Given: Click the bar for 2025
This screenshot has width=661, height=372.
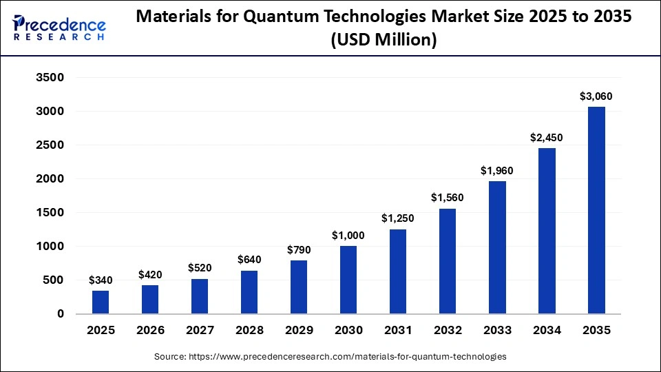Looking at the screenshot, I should (101, 302).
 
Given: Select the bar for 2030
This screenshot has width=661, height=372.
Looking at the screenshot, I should (348, 280).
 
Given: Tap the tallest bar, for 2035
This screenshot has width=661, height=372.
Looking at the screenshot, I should (596, 210).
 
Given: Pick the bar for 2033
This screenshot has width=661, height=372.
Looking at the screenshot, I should (497, 247).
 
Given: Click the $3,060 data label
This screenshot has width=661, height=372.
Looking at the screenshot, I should (596, 96).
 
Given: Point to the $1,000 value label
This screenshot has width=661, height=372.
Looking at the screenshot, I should (348, 236).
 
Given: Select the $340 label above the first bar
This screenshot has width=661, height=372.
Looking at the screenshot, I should (101, 280).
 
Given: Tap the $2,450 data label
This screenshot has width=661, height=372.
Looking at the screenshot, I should (547, 138).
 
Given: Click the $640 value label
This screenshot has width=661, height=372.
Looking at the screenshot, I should (249, 260).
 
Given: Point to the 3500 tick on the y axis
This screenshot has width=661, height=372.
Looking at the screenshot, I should (50, 78).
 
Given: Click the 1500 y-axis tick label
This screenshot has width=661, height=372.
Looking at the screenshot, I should (50, 213).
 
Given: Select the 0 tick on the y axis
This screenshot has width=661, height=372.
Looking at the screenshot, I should (60, 314).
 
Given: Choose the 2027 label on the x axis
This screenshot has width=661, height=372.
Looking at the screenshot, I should (200, 331).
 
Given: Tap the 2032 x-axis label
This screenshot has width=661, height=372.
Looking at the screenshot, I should (448, 331).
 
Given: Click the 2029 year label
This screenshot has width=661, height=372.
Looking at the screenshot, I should (299, 331).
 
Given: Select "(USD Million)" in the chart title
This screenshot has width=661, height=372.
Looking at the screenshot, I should (384, 41).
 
